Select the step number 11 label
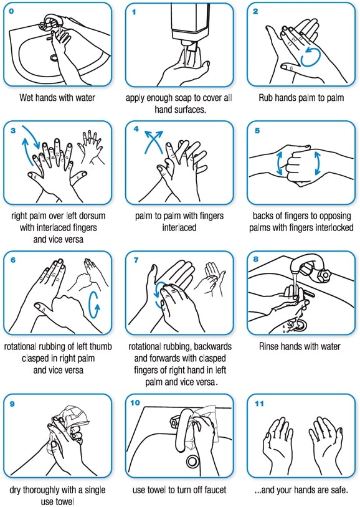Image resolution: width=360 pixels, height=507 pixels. [x=259, y=403]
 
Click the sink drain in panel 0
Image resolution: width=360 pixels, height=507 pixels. [x=54, y=58]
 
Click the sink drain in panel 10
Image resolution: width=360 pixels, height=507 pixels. [x=192, y=462]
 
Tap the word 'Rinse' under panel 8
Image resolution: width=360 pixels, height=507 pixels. [x=270, y=346]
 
